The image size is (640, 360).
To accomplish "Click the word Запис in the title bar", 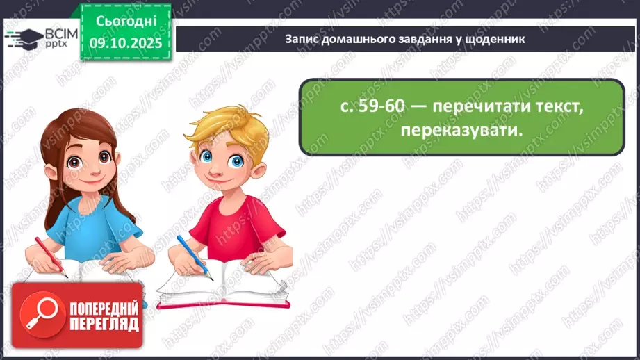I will (x=300, y=39).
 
